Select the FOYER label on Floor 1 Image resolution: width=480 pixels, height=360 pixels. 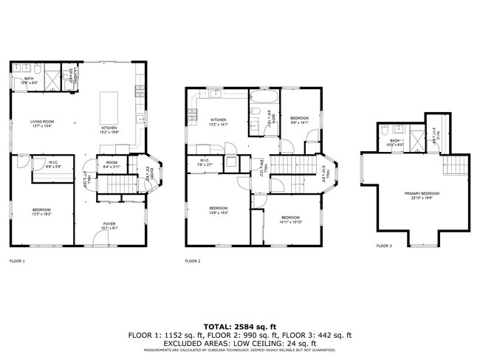coord(109,225)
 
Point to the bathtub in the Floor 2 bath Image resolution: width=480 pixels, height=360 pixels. coord(264,97)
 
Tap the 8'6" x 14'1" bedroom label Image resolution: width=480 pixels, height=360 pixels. coord(299,120)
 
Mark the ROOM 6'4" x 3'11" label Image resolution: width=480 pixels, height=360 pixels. coord(112,165)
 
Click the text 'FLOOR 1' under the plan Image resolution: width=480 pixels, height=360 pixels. coord(17,261)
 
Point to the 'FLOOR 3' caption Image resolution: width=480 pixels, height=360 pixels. coord(384,246)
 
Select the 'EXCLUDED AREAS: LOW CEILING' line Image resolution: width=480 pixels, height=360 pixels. coord(240,343)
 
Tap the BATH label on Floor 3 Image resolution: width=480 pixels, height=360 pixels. coord(395,142)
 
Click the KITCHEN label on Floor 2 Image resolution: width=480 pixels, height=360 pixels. coord(219,122)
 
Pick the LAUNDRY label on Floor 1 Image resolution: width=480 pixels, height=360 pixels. coord(72,74)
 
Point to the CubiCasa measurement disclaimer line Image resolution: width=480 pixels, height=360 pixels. coord(240,350)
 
